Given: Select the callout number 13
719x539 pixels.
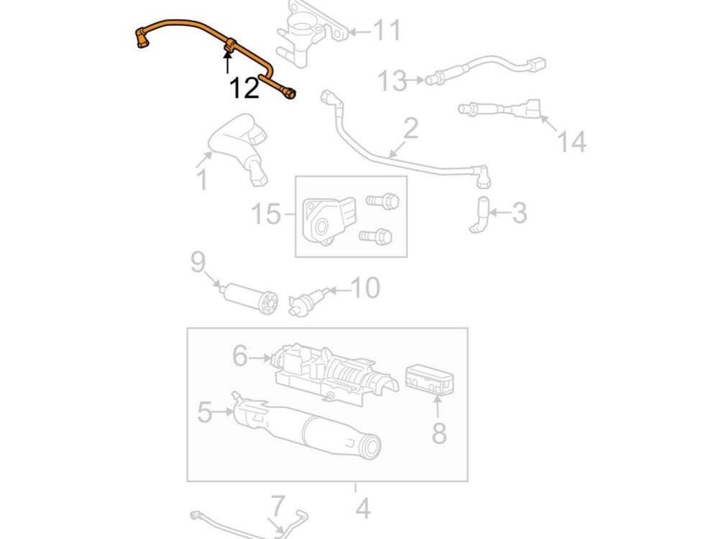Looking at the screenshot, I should [x=393, y=80].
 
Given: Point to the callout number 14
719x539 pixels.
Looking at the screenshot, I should [x=572, y=142].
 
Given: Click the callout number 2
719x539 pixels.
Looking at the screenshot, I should [x=411, y=129].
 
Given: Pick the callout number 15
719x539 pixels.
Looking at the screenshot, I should [x=265, y=213].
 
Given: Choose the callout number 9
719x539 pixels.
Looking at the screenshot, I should [x=198, y=262].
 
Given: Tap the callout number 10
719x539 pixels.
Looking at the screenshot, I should [x=365, y=288].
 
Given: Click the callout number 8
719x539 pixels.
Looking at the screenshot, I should [x=439, y=433].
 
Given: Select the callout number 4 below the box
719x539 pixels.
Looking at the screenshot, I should [x=362, y=508].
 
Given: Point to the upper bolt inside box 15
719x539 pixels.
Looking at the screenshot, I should [x=382, y=201].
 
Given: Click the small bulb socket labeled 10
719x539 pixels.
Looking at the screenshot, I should [x=302, y=302].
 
